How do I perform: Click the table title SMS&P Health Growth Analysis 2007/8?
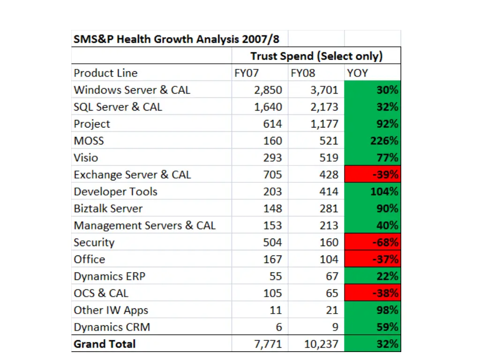pyautogui.click(x=176, y=39)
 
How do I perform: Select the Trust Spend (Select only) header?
pyautogui.click(x=316, y=56)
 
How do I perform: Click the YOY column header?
pyautogui.click(x=357, y=73)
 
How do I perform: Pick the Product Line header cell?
pyautogui.click(x=105, y=73)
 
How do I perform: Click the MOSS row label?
pyautogui.click(x=89, y=141)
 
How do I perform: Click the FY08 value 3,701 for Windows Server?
pyautogui.click(x=324, y=90)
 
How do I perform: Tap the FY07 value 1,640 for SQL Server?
pyautogui.click(x=268, y=107)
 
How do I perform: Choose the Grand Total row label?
pyautogui.click(x=105, y=344)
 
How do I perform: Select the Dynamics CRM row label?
pyautogui.click(x=112, y=327)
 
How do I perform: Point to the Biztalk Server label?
pyautogui.click(x=108, y=209)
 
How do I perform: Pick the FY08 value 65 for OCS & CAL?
pyautogui.click(x=332, y=293)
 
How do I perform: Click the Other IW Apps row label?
pyautogui.click(x=111, y=310)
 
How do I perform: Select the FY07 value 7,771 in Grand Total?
pyautogui.click(x=268, y=344)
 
